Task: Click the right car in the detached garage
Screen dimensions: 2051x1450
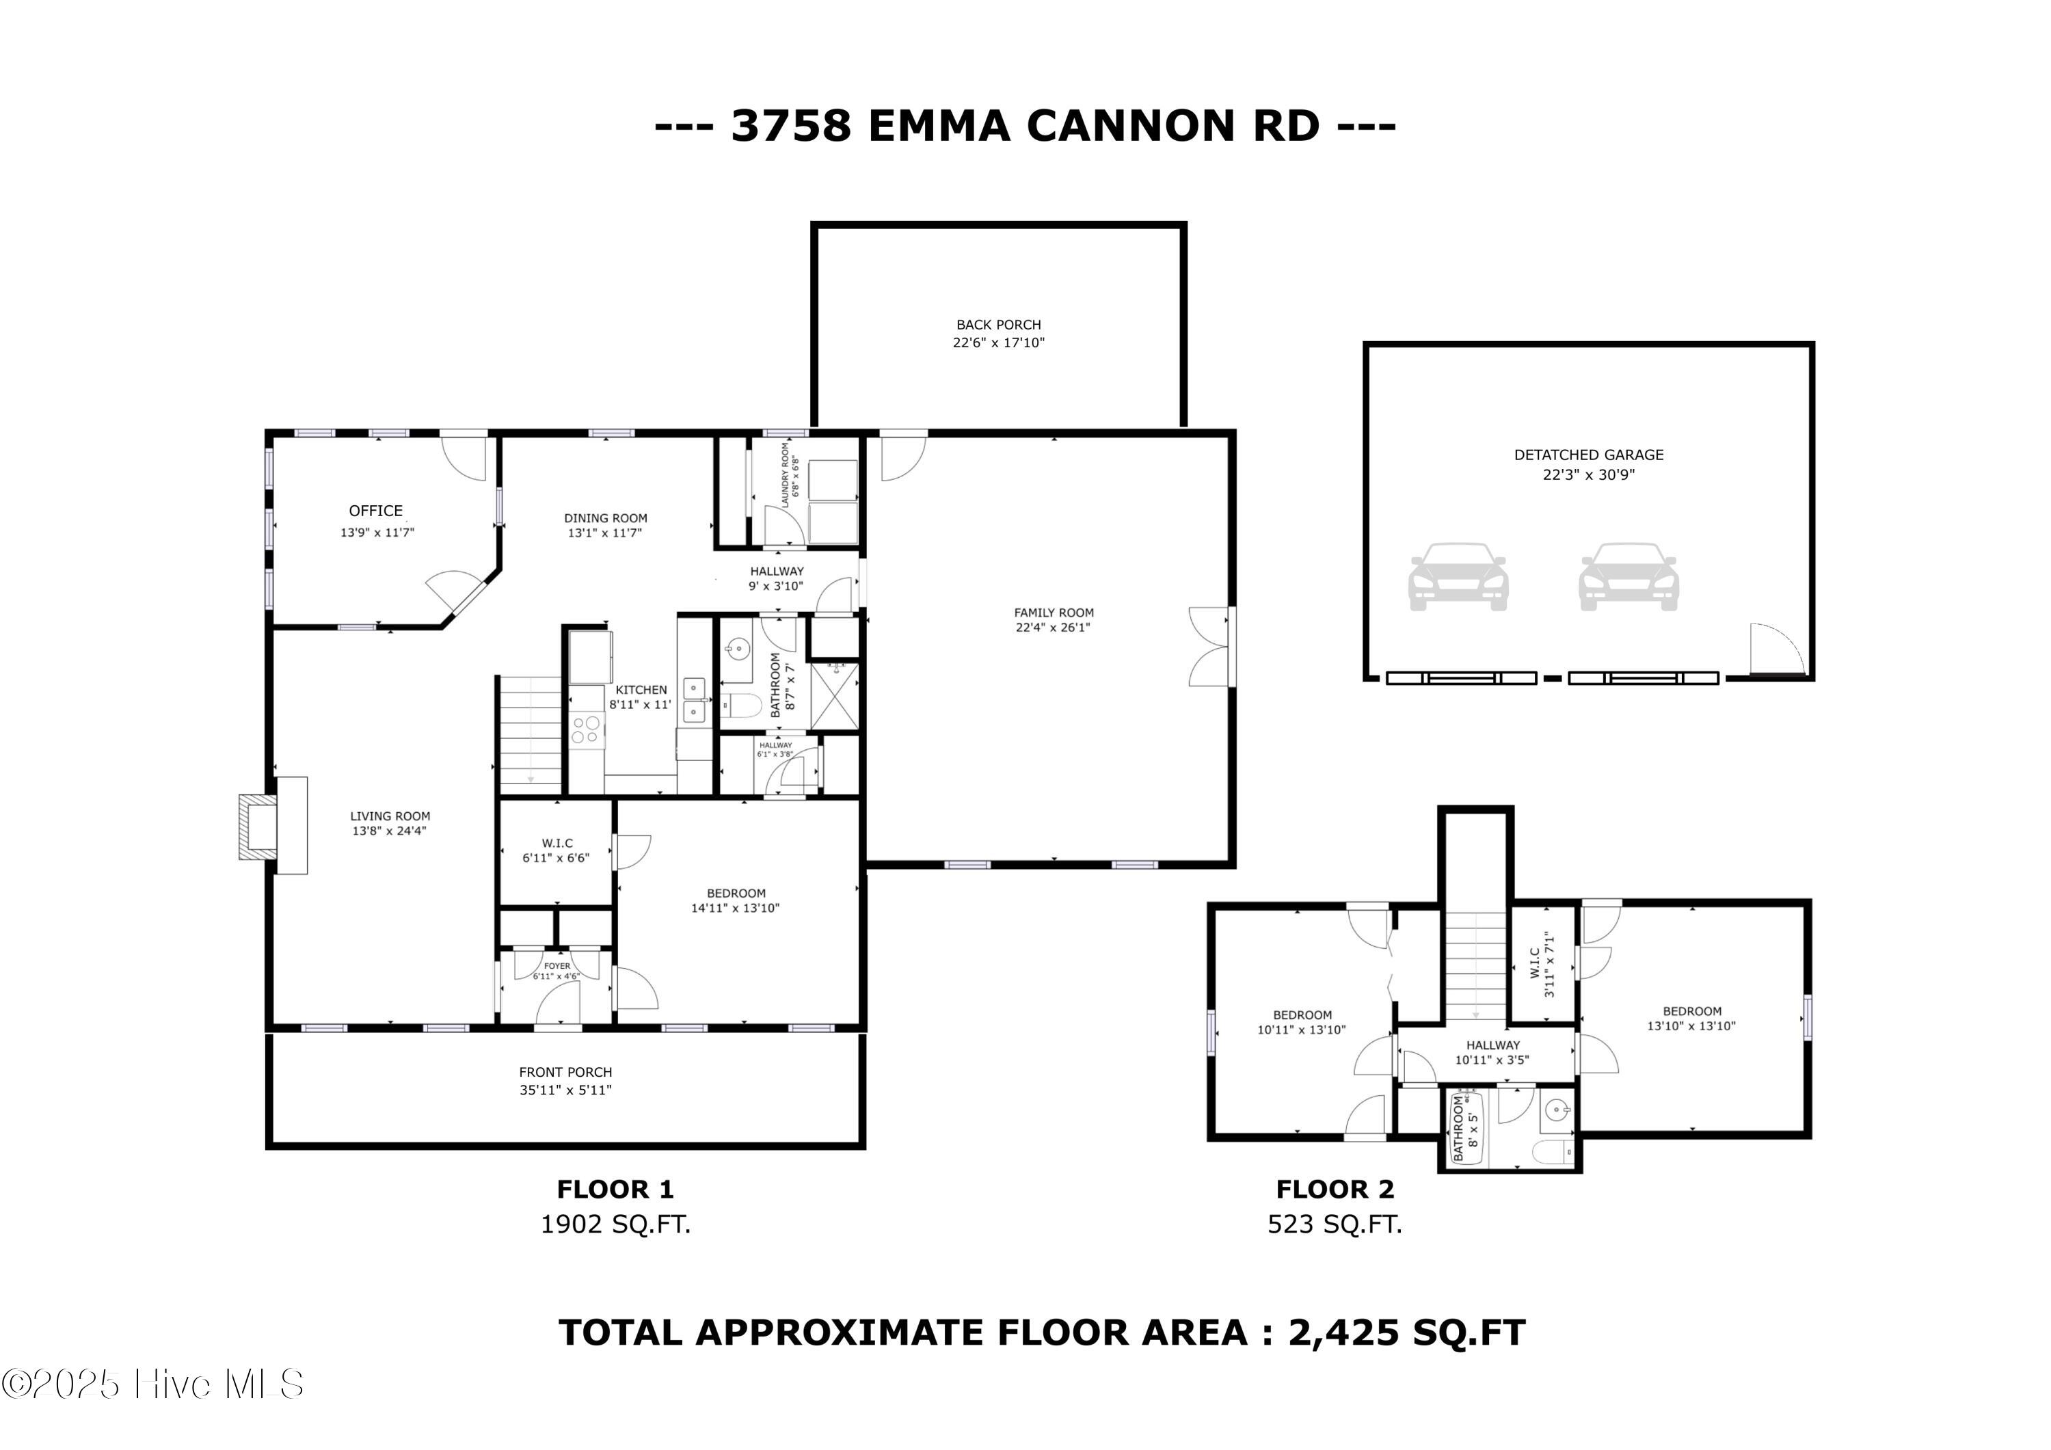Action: pos(1628,576)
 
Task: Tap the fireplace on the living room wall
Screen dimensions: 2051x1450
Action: pos(273,826)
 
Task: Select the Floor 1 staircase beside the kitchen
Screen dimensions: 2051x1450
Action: pos(531,733)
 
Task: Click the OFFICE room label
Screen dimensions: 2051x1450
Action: pos(375,511)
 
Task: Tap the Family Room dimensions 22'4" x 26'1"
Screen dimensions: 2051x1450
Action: pos(1054,627)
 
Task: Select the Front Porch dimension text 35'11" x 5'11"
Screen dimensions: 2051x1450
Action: pos(565,1090)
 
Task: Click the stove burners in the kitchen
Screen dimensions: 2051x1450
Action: pos(586,730)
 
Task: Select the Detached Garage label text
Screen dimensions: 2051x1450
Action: pos(1588,455)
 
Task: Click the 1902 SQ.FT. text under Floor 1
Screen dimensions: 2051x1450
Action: pos(615,1224)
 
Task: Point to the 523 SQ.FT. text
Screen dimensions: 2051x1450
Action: pos(1335,1224)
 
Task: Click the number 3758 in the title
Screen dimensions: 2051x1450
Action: pos(790,125)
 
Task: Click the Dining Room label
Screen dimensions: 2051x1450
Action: pos(606,518)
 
